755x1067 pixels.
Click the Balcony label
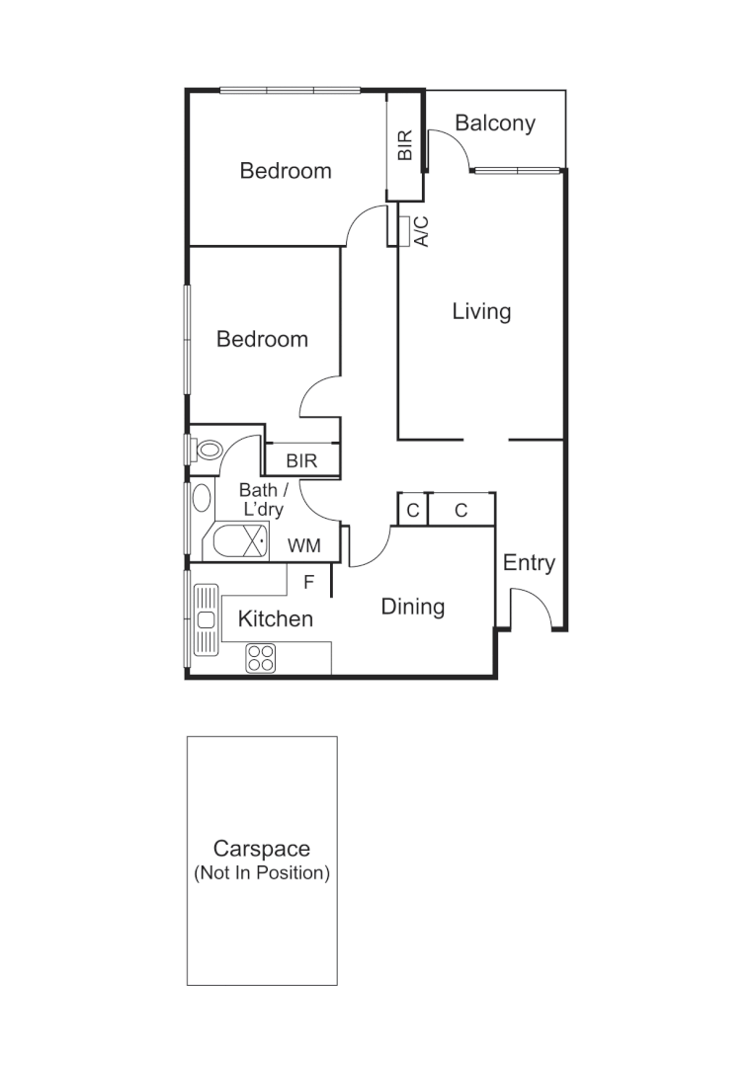tap(495, 123)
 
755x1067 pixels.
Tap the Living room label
tap(481, 312)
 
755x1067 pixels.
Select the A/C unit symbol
tap(405, 229)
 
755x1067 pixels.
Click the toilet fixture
tap(208, 451)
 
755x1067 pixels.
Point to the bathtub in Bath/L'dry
tap(235, 541)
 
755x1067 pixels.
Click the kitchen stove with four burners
tap(260, 657)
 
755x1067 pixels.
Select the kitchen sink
tap(206, 619)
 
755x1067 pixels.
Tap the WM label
tap(302, 545)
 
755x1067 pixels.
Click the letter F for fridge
tap(308, 583)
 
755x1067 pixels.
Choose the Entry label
tap(529, 563)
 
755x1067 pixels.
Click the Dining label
tap(413, 607)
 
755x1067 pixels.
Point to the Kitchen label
tap(276, 619)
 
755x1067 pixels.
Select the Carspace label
tap(262, 849)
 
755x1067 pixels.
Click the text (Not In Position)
tap(262, 873)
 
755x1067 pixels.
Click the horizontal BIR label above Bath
tap(301, 460)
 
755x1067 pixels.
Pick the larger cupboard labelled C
tap(461, 510)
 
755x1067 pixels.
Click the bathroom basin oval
tap(202, 497)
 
